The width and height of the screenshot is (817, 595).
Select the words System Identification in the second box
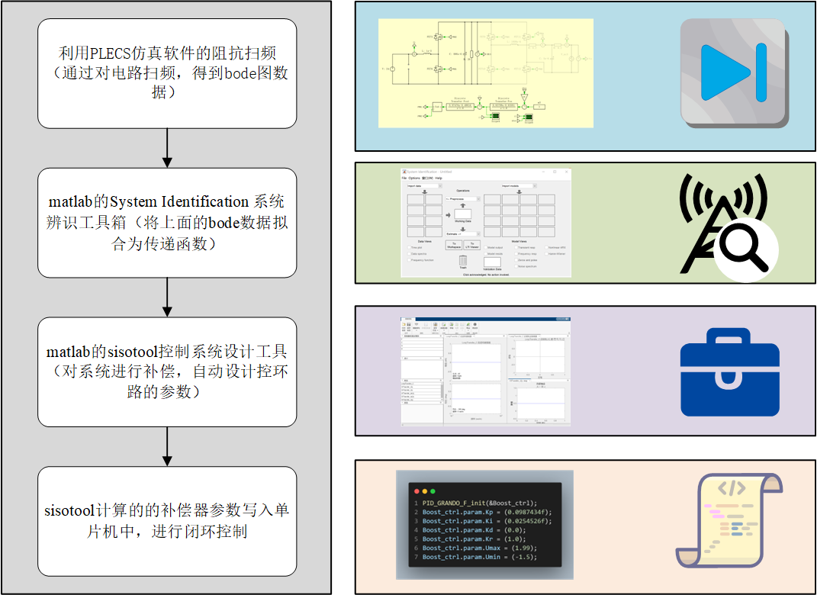179,202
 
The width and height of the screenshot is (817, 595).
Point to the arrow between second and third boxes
167,297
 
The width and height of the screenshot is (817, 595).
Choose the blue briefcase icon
729,372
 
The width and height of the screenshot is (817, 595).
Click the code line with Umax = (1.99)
480,548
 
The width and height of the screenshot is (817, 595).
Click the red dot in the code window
417,490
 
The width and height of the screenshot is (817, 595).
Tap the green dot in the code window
433,490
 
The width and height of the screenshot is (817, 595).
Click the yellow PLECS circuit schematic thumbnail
486,73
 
